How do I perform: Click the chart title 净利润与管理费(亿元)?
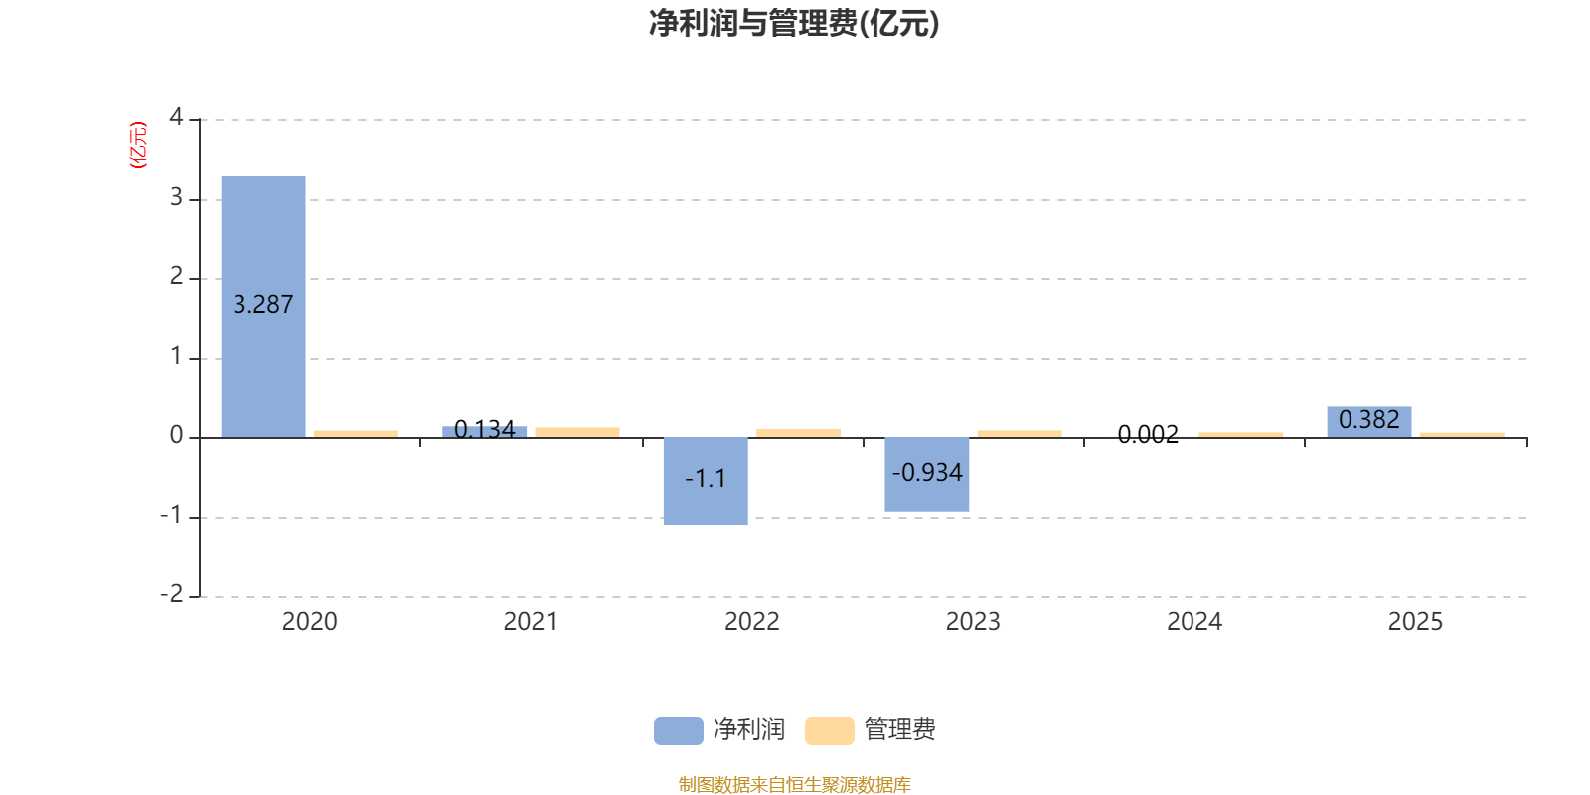click(x=793, y=23)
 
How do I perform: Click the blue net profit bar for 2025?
click(x=1368, y=422)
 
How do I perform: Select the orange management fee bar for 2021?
click(x=577, y=432)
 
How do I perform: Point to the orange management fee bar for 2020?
click(x=356, y=433)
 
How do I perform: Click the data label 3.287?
click(x=263, y=305)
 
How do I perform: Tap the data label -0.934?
click(x=927, y=473)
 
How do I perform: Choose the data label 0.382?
click(x=1368, y=419)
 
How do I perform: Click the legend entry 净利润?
click(x=720, y=730)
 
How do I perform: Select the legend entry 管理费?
click(x=872, y=730)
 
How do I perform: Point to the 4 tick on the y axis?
click(x=176, y=117)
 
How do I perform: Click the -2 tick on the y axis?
click(x=172, y=594)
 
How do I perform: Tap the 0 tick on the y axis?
click(x=176, y=435)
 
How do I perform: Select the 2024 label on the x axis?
click(x=1193, y=622)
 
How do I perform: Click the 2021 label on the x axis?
click(x=530, y=622)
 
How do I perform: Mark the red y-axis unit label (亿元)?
click(x=138, y=145)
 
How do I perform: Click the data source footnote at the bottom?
click(x=794, y=785)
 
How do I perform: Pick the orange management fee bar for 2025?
click(x=1461, y=434)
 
